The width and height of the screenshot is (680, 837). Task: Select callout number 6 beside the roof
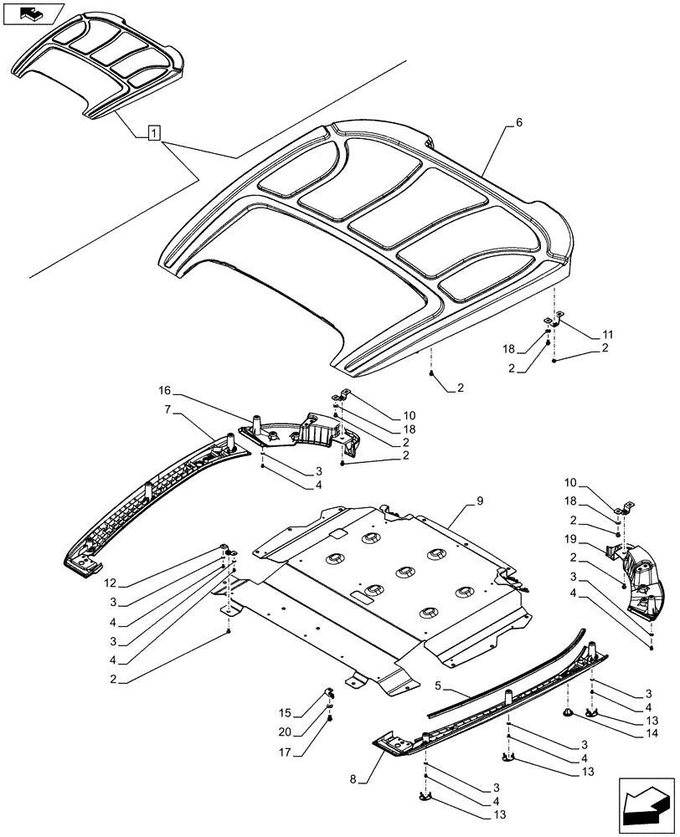[518, 122]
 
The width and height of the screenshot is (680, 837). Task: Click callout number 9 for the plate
[480, 501]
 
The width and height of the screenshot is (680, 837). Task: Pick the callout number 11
[607, 335]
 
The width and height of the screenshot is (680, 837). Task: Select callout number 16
[164, 390]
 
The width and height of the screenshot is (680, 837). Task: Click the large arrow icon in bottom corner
[645, 803]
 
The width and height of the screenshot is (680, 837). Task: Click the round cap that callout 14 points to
[568, 712]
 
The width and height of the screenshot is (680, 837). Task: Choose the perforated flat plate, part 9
[394, 586]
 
